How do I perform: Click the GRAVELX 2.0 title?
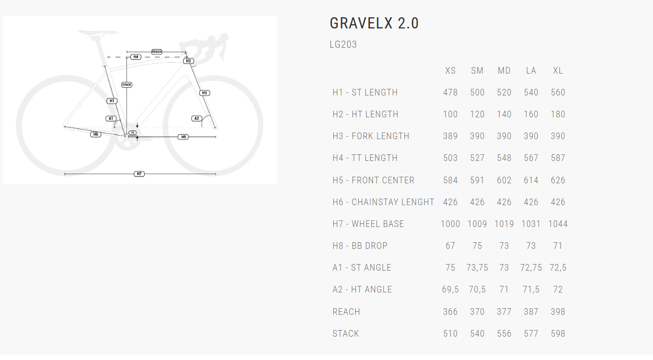coord(374,23)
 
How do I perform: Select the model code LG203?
coord(343,45)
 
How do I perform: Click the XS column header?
coord(450,71)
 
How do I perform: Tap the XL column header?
coord(558,71)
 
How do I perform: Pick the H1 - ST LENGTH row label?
coord(365,92)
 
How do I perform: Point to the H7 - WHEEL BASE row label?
coord(368,224)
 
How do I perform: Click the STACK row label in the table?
coord(346,334)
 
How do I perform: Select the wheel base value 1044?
coord(558,224)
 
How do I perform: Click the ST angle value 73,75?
coord(477,268)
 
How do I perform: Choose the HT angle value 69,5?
coord(450,289)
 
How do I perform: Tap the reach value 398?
coord(558,312)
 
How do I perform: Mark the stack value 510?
coord(450,334)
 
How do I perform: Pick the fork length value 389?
coord(450,136)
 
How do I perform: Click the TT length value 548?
coord(504,158)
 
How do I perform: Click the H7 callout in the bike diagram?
coord(139,174)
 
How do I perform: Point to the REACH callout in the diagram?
coord(156,52)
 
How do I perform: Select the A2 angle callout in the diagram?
coord(197,118)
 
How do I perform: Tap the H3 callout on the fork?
coord(204,93)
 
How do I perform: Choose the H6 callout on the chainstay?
coord(95,134)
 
